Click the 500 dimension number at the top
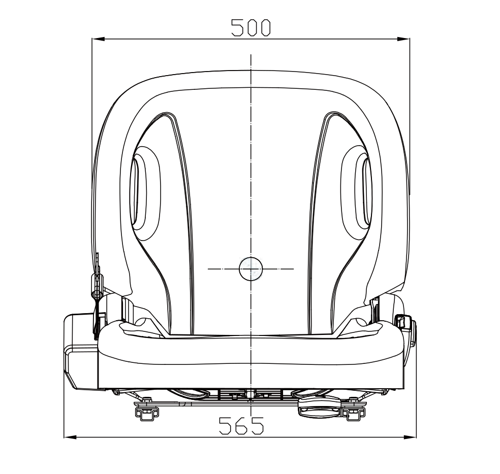251,27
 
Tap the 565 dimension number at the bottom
241,426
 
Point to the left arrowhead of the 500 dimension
98,39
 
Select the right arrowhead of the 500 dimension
403,39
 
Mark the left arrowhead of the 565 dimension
71,437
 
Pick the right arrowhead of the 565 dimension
410,437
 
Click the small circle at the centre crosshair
251,269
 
